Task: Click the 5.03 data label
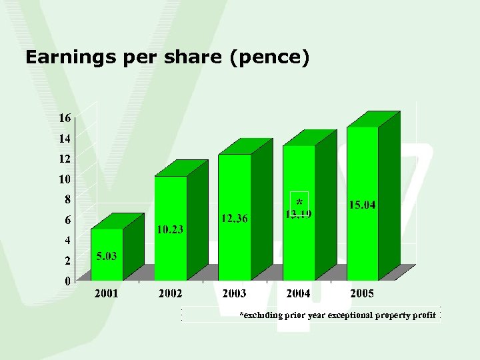pos(107,256)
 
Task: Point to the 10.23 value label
pos(170,230)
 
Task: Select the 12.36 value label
pos(235,218)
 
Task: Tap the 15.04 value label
pos(362,205)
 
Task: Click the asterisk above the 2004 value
pos(299,201)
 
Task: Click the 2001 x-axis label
pos(107,293)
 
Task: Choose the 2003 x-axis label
pos(234,293)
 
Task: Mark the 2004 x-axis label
pos(298,293)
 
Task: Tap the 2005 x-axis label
pos(362,293)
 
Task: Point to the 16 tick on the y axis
pos(65,118)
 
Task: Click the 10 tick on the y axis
pos(65,179)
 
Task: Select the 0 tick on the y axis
pos(67,281)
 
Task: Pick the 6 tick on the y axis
pos(67,219)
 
